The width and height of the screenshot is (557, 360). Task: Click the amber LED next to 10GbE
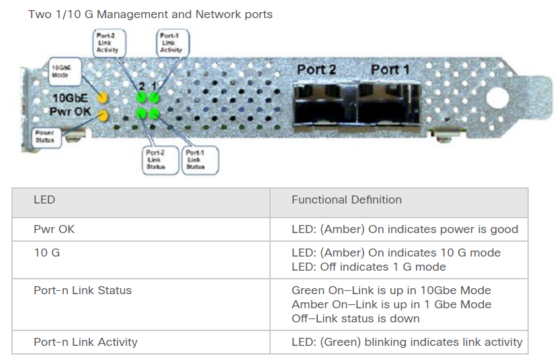(x=103, y=97)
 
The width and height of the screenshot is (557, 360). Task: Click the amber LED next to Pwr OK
(x=103, y=116)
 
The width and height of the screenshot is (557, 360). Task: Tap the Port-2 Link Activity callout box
(x=110, y=42)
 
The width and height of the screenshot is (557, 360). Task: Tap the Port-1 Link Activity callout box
(x=173, y=42)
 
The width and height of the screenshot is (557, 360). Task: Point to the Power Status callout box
(x=47, y=138)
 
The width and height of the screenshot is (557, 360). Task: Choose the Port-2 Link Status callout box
(x=160, y=160)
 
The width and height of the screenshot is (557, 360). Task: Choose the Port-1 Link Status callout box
(x=200, y=160)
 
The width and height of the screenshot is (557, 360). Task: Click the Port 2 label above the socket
(x=316, y=70)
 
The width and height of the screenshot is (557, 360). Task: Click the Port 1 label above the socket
(x=390, y=70)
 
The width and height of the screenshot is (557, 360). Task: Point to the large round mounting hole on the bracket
(x=497, y=97)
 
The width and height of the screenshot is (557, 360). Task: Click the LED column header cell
(x=141, y=203)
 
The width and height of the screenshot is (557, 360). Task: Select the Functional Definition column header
(x=399, y=203)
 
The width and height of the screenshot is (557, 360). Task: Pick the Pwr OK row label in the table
(x=54, y=229)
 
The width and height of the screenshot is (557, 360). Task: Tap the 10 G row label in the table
(x=47, y=253)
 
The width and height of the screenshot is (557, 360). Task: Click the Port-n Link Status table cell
(x=141, y=304)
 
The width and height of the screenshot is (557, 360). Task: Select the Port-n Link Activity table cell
(x=141, y=343)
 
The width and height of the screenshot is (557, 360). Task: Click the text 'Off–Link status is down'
(x=355, y=318)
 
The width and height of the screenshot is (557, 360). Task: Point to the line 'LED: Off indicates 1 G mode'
(x=369, y=267)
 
